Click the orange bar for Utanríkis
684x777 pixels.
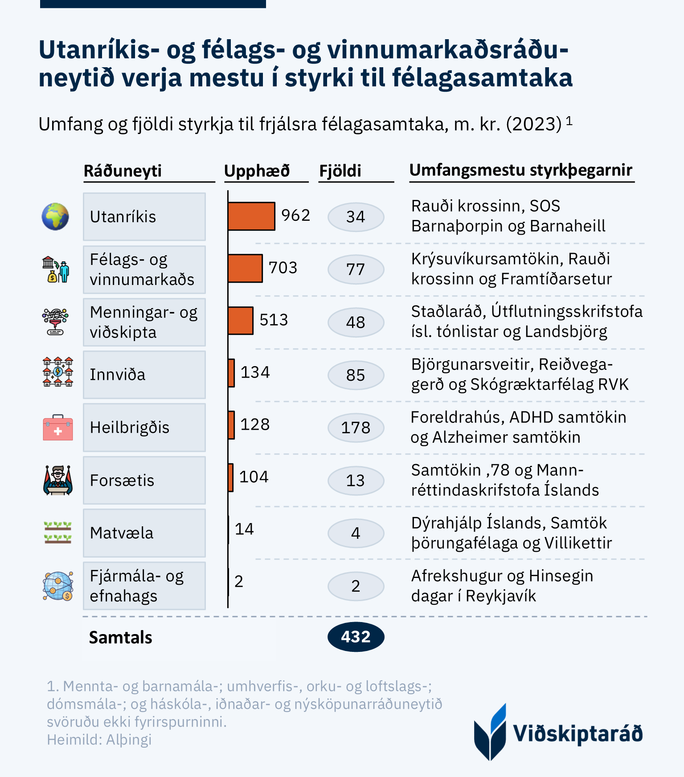click(x=251, y=216)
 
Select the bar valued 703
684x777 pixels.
click(x=245, y=268)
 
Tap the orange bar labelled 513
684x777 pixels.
click(x=241, y=321)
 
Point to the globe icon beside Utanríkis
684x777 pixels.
click(x=55, y=216)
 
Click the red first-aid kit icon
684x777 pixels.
click(x=58, y=428)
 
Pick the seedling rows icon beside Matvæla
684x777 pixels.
click(x=58, y=533)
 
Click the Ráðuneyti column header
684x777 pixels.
click(x=123, y=171)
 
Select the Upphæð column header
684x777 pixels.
click(x=257, y=171)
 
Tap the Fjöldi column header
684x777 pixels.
click(x=340, y=171)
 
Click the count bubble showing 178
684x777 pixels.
click(x=356, y=428)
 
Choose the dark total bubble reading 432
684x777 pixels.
click(x=356, y=637)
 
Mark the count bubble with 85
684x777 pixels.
click(x=356, y=375)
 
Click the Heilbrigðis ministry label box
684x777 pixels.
click(x=144, y=427)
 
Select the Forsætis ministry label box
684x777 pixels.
click(x=144, y=480)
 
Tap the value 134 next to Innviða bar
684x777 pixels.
click(x=255, y=372)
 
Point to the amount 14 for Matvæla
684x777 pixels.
click(x=244, y=529)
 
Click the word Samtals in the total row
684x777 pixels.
click(x=121, y=638)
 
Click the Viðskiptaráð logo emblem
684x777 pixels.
click(x=490, y=732)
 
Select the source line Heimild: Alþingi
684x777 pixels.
click(x=99, y=740)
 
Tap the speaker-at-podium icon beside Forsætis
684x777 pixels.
click(x=58, y=480)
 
